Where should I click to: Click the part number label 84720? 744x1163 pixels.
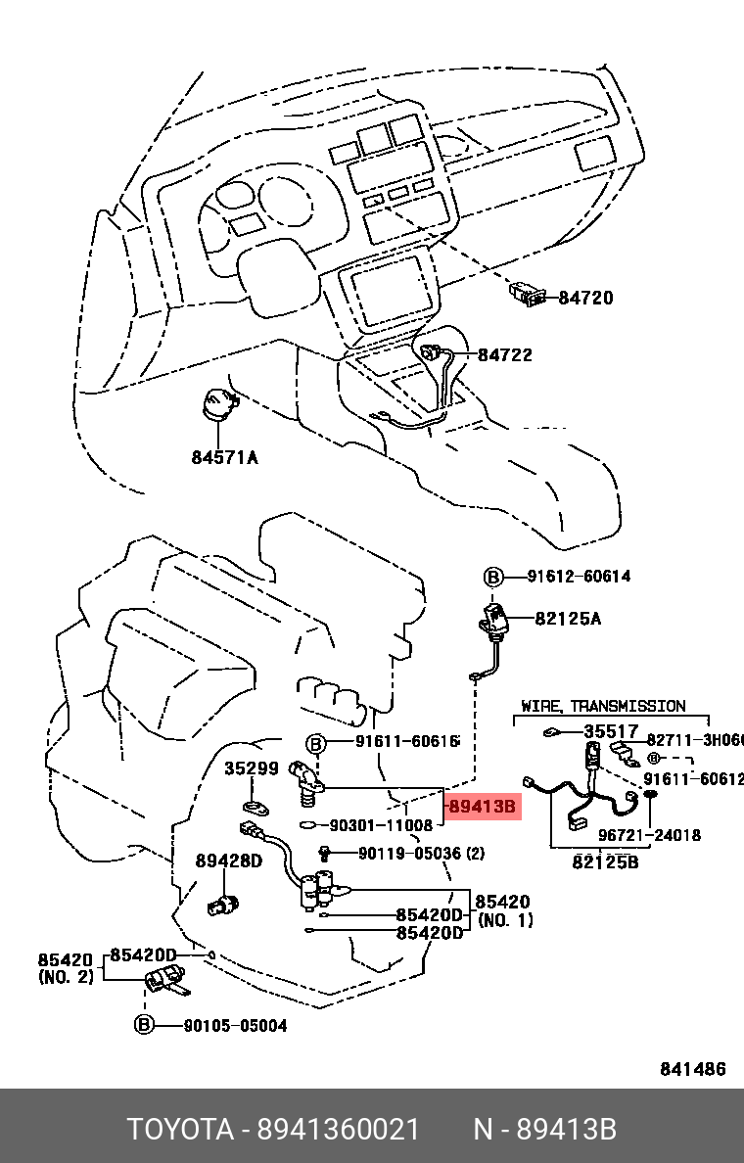[585, 298]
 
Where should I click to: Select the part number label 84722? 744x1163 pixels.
[505, 354]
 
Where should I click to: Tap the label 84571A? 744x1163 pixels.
[224, 456]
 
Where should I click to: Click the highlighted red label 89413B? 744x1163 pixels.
[481, 808]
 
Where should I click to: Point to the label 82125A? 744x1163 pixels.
[568, 618]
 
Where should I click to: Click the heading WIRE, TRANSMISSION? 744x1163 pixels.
[603, 706]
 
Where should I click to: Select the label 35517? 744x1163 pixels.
[611, 731]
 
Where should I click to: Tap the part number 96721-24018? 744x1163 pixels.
[649, 835]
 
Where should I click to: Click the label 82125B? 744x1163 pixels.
[605, 862]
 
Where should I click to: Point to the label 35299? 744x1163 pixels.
[252, 768]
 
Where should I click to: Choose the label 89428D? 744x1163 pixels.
[228, 861]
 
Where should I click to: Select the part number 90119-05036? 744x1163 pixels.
[409, 854]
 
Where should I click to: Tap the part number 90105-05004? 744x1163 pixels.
[235, 1025]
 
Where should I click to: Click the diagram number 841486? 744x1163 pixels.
[693, 1069]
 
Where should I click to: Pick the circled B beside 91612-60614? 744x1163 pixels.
[493, 577]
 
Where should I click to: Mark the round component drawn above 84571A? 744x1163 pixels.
[219, 405]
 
